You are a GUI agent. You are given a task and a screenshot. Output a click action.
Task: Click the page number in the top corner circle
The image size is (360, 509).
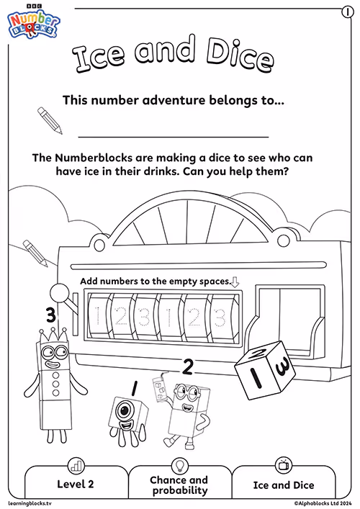pos(348,12)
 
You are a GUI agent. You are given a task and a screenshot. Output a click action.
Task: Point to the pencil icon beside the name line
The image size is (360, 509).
pos(50,120)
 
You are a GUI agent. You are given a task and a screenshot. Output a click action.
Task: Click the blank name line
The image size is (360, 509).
pos(174,137)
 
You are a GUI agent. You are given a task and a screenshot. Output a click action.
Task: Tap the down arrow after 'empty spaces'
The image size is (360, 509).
pos(235,281)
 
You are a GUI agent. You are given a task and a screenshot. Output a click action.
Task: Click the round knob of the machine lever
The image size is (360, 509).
pos(59,293)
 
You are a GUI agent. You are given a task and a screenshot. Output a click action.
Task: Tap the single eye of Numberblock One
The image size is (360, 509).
pos(125,410)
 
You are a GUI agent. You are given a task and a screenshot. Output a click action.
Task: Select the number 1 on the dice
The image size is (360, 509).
pos(256,377)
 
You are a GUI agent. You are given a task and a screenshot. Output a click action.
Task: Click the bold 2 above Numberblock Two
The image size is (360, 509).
pos(187,366)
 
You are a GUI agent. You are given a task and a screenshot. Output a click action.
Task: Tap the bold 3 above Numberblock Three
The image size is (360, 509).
pos(50,315)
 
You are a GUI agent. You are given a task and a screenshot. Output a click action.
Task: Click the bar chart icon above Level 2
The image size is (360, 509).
pos(76,465)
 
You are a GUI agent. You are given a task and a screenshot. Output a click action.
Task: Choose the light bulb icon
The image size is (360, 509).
pos(179,465)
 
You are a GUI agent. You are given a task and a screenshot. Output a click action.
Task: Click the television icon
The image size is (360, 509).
pos(284,465)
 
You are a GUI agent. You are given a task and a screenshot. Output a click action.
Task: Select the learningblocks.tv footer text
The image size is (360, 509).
pos(30,503)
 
